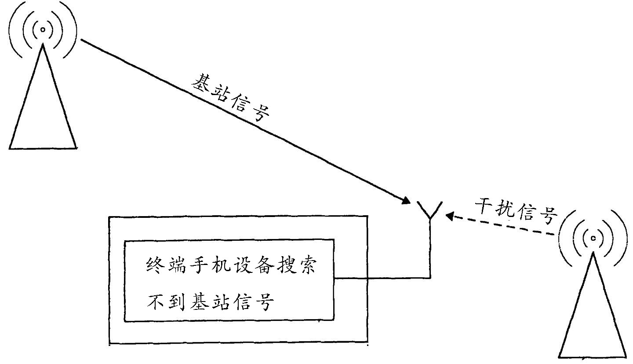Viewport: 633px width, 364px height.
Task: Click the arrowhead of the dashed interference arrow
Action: (449, 216)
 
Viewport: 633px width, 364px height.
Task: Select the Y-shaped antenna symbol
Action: (429, 211)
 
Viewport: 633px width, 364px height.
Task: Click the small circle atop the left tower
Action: (43, 29)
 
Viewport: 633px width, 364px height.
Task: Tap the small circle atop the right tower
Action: (593, 238)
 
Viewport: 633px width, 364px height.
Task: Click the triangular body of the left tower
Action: (43, 110)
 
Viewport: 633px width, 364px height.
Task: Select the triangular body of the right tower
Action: (593, 317)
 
